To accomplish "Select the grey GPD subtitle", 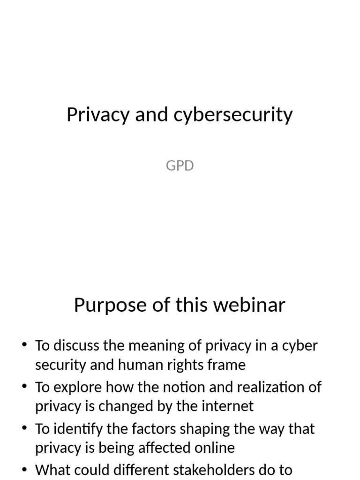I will point(180,165).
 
